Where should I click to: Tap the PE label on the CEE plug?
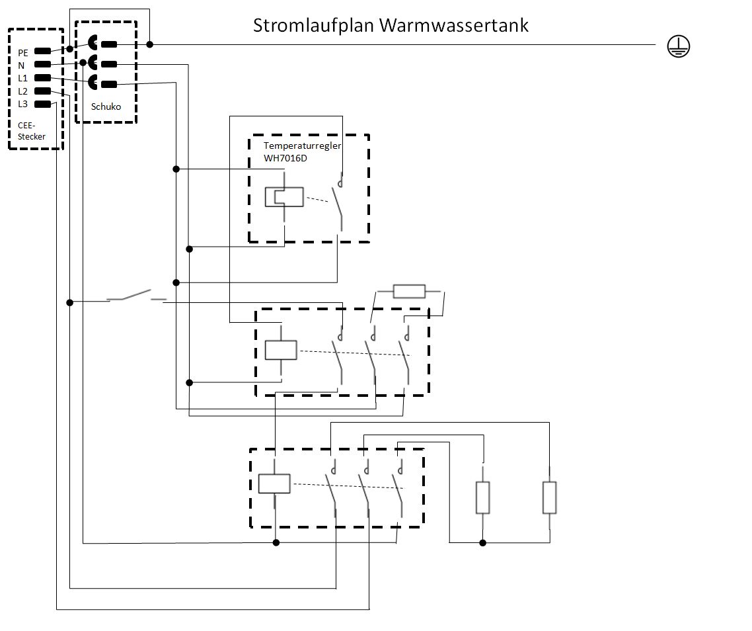pos(23,52)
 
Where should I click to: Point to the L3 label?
pos(23,104)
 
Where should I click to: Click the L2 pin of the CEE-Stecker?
pos(43,91)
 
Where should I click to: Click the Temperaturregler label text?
pos(302,146)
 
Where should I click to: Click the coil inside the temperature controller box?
pos(284,197)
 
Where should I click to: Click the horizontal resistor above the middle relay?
pos(409,291)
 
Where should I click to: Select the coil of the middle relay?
pos(281,350)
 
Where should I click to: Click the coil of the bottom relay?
pos(274,484)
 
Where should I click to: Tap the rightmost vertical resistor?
pos(550,498)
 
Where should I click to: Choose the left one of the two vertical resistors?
pos(483,498)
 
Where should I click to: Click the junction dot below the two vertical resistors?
pos(483,543)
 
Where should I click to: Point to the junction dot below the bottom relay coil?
pos(276,543)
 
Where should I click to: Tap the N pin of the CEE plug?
pos(43,65)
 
